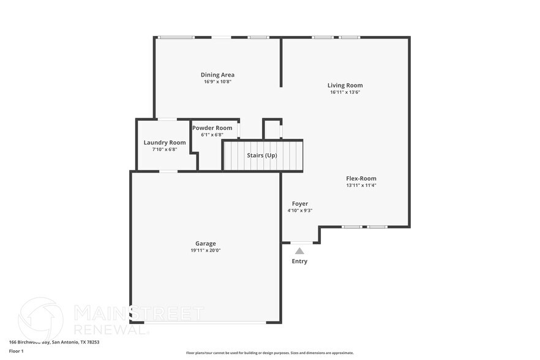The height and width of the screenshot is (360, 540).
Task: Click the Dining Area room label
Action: [217, 75]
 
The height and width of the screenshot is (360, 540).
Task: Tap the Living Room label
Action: [345, 85]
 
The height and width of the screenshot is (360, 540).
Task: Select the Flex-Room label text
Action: [361, 178]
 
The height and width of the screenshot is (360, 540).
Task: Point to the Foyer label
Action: [300, 203]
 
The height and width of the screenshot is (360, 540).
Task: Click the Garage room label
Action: [205, 243]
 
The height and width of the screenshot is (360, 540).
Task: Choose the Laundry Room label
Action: [165, 142]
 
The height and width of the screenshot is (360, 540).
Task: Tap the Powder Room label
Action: [212, 128]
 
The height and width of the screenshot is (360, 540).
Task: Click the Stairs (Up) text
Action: [262, 156]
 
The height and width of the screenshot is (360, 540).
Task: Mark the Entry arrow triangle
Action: [299, 250]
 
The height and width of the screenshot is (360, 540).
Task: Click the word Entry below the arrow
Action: [299, 261]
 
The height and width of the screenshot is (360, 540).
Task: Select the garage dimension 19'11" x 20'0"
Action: [205, 250]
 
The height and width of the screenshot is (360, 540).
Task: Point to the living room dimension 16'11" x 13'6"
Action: [345, 92]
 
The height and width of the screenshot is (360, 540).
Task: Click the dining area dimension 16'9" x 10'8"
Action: [217, 81]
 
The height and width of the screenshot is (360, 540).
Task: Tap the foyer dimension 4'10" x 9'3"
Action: [300, 210]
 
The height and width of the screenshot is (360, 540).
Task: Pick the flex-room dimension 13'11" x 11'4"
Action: [361, 185]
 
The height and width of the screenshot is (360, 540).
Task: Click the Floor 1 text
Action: [16, 351]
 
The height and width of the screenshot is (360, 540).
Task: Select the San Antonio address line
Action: [54, 342]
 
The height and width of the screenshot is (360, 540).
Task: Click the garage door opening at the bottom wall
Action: [205, 322]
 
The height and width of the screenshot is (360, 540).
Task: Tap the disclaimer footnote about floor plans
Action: [269, 353]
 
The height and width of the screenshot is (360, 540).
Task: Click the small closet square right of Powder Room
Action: [272, 130]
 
